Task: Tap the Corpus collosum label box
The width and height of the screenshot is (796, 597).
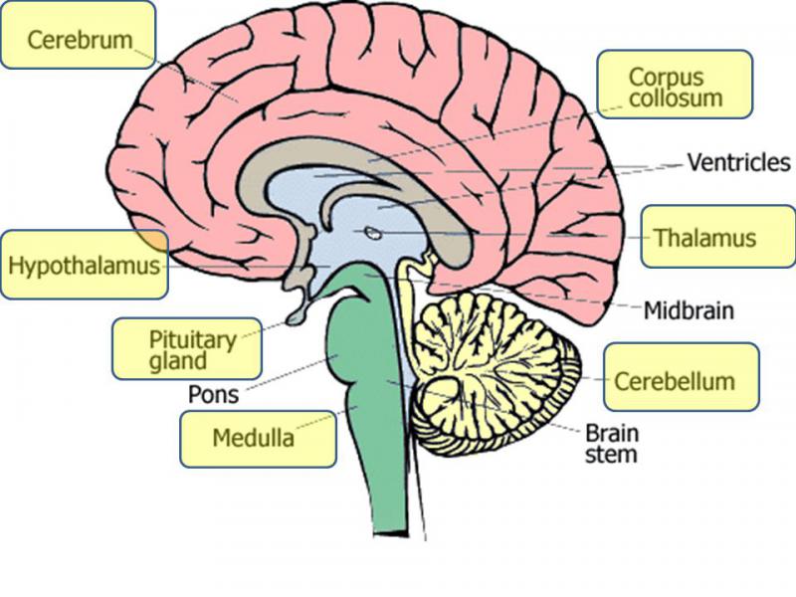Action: (675, 86)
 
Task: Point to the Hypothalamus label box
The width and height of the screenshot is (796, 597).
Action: (84, 265)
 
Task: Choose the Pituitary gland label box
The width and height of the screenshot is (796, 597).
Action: (186, 348)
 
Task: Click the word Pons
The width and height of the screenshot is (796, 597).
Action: (213, 394)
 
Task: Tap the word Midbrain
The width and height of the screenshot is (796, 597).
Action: (688, 310)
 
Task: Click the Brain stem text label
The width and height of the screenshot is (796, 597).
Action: (611, 445)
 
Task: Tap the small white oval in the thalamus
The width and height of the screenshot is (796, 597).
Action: (371, 235)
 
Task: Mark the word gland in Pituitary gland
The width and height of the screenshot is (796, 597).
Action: (178, 361)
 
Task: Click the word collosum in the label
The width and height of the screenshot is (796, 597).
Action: (675, 99)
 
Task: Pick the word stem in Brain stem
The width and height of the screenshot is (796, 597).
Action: (611, 456)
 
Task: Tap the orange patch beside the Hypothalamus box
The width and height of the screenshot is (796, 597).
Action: (153, 240)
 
